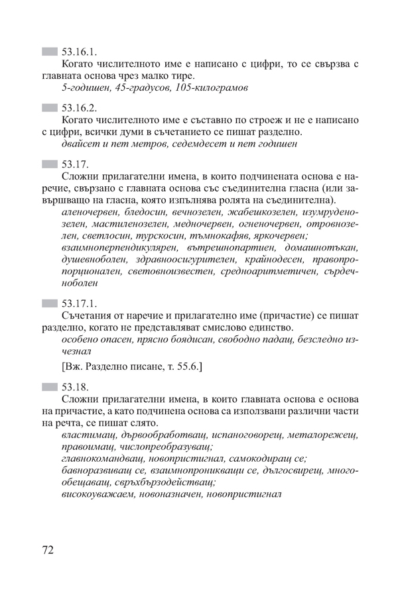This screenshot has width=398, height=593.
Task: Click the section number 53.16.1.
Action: tap(79, 51)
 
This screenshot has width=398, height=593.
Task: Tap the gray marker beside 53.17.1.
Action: tap(49, 303)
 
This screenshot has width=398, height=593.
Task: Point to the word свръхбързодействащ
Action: tap(168, 482)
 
